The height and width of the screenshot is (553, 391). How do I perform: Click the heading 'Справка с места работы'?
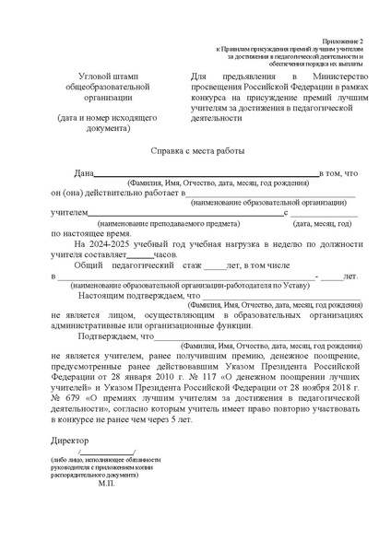click(x=195, y=149)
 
